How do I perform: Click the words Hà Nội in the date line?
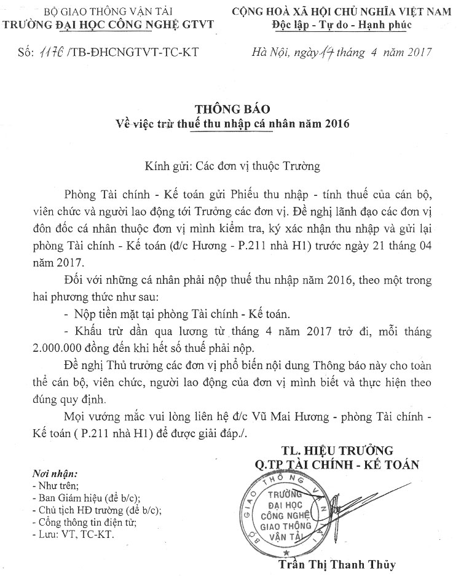270,53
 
